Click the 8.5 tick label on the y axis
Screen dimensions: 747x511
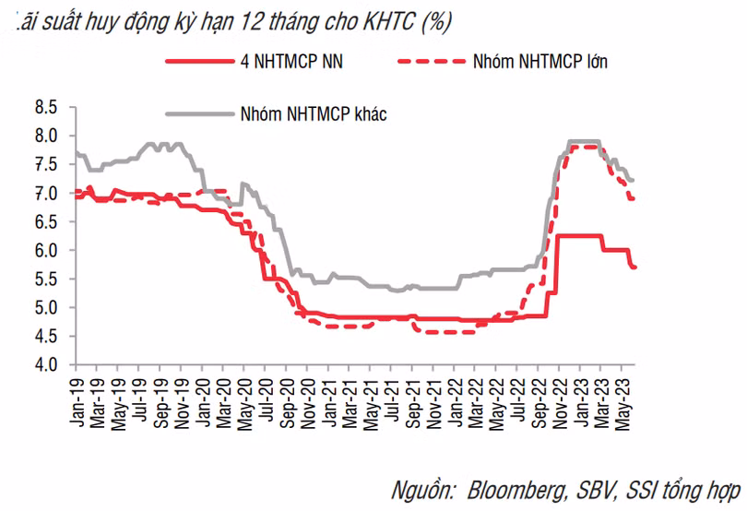[46, 107]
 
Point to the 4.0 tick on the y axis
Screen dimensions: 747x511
[46, 364]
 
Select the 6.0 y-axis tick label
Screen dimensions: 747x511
[46, 250]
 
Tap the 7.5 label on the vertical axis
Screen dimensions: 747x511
[46, 164]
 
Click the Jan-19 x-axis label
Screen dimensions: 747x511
[77, 402]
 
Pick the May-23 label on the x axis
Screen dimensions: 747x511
[622, 404]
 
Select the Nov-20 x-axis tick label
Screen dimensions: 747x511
[308, 403]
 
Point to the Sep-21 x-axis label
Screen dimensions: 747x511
[412, 403]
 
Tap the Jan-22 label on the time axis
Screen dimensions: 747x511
[455, 402]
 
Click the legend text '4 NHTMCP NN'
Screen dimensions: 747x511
[291, 62]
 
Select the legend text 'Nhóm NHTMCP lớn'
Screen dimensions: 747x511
[540, 62]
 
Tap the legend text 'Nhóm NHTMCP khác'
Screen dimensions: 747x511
[314, 114]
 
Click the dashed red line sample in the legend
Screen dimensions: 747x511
[432, 62]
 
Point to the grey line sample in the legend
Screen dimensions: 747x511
[200, 114]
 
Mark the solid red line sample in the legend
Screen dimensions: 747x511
[200, 62]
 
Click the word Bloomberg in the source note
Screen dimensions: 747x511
[516, 491]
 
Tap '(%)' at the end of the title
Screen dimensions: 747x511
[436, 21]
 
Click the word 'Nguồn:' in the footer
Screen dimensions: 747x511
[422, 491]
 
